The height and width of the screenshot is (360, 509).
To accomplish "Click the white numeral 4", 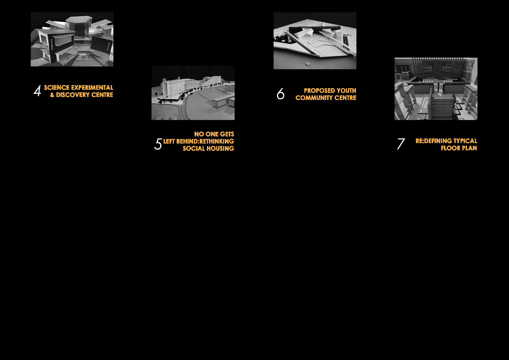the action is (37, 91).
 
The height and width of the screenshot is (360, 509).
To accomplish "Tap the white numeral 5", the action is (158, 144).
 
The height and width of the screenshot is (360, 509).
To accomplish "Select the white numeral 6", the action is (281, 94).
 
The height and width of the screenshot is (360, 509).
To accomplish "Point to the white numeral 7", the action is (401, 144).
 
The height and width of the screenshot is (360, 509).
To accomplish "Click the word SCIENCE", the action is (57, 88).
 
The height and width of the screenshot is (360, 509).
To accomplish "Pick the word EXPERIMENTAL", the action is (92, 88).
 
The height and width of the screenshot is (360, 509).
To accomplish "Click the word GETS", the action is (227, 134).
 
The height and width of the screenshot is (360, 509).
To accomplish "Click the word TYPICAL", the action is (465, 141).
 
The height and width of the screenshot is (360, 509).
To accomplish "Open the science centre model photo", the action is (72, 39).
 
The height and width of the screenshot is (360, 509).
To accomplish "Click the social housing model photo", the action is (193, 93).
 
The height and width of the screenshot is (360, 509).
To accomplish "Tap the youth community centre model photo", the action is (315, 41).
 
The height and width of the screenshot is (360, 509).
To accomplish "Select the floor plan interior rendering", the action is (436, 89).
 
